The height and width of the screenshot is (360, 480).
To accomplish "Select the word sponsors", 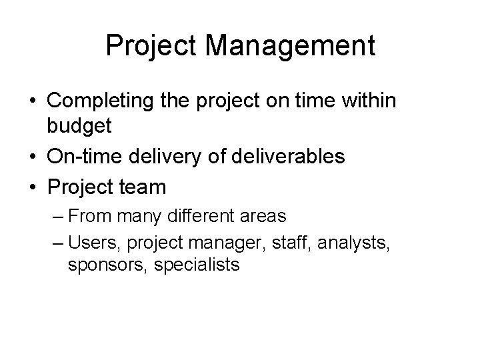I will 107,265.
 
